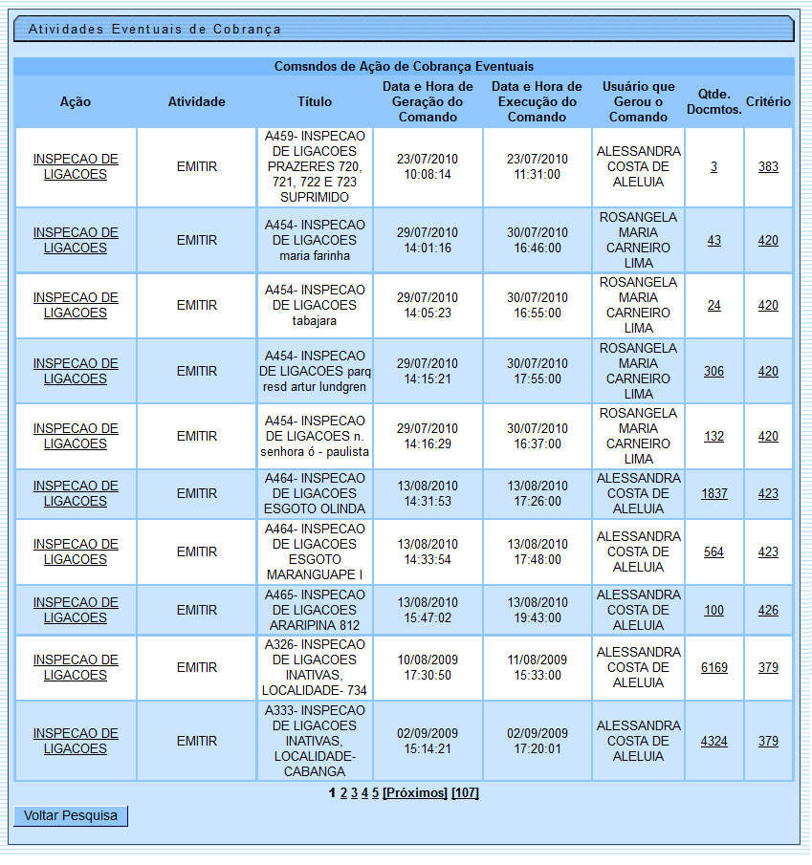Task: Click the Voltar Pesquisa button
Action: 71,815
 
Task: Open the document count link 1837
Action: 713,494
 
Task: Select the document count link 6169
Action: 713,668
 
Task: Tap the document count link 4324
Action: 713,741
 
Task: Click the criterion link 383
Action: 768,167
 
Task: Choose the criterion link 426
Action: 768,611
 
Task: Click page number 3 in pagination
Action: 354,793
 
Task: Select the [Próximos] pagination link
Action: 415,793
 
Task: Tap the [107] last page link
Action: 465,793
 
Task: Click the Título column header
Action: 315,101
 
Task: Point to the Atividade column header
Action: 196,101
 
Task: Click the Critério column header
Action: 768,101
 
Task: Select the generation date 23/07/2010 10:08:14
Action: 428,167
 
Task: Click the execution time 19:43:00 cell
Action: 537,617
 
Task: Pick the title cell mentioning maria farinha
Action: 315,241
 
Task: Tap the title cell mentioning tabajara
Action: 315,306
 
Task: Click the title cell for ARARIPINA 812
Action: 315,610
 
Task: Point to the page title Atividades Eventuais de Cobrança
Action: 155,29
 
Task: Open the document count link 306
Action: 713,372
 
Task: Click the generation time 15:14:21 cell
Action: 428,748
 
